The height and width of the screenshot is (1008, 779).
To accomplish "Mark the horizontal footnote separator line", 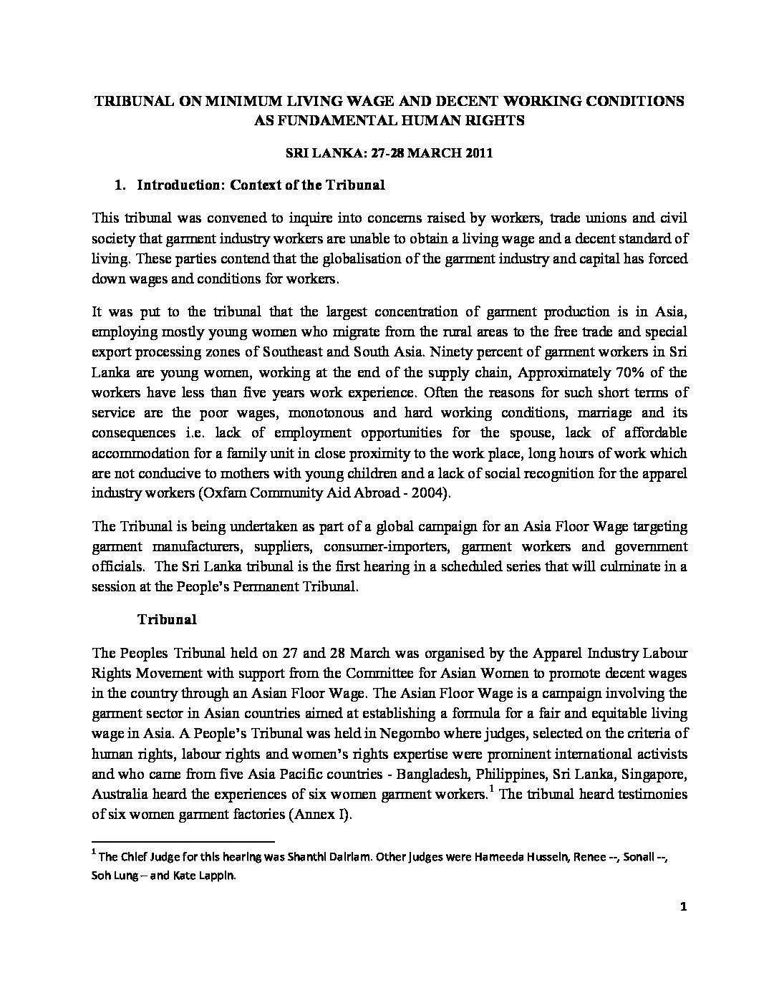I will click(183, 842).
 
